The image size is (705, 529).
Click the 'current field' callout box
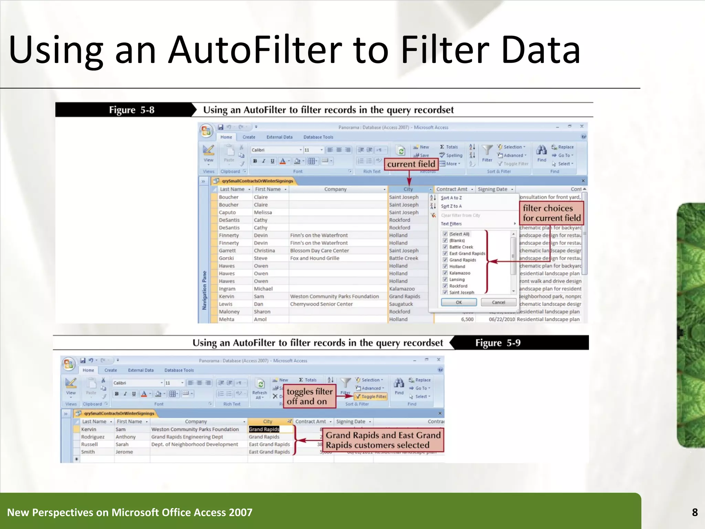(411, 164)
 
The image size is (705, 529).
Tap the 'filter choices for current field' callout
(551, 213)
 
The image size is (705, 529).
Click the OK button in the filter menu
(459, 302)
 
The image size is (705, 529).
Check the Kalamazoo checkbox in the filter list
(445, 273)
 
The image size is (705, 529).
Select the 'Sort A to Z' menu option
(451, 198)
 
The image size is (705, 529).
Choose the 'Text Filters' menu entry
(451, 224)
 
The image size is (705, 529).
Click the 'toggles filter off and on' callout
(309, 396)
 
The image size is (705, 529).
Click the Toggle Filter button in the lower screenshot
(371, 396)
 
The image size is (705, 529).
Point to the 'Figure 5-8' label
(131, 110)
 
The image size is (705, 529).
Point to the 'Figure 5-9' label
(498, 343)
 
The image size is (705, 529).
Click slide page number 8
(695, 512)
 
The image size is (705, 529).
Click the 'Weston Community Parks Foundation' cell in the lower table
(195, 429)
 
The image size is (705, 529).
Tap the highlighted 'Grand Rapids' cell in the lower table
(264, 429)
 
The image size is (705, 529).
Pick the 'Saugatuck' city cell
(401, 304)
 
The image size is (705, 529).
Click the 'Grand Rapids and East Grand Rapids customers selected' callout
(383, 440)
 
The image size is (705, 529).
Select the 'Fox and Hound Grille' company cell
(315, 258)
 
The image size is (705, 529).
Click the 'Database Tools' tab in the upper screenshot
(318, 137)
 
